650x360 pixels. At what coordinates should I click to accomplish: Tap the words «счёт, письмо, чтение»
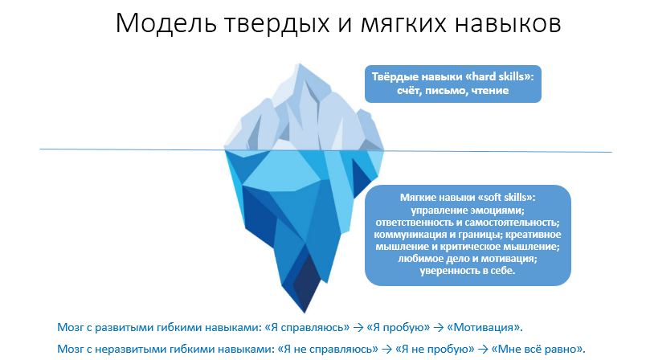(453, 90)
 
